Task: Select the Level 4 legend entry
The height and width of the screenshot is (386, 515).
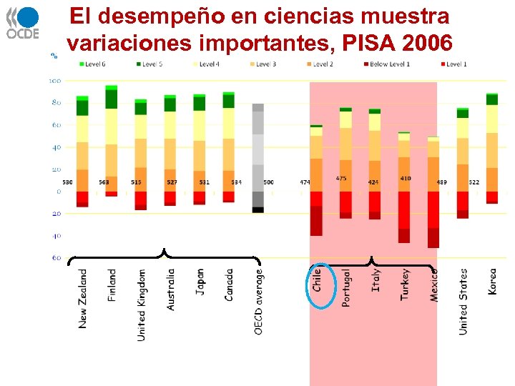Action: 207,64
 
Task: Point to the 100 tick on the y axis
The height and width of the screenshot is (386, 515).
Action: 54,81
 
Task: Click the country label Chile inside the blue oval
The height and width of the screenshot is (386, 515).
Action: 317,279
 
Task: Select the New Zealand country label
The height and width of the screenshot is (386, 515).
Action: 83,299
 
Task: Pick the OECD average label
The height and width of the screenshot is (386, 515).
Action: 258,301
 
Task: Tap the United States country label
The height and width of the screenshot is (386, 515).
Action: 463,302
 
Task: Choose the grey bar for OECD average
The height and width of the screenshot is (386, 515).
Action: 258,157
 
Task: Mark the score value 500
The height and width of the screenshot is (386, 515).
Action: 268,183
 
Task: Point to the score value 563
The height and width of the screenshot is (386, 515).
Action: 104,183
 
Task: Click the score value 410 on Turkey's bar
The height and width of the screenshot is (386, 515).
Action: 406,178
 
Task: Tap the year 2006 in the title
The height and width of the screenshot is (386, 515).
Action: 428,44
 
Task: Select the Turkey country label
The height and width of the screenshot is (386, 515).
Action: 406,284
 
